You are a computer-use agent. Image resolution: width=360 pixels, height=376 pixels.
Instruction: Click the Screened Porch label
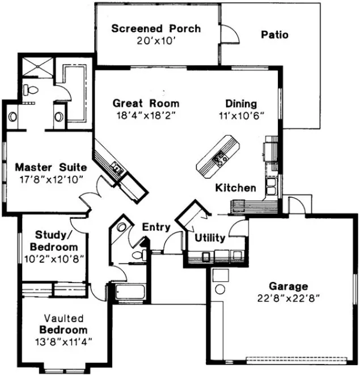[x=156, y=28]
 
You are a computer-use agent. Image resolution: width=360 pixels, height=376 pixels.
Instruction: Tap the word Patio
[x=274, y=35]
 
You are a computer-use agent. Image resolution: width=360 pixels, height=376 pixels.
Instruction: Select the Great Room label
[x=146, y=103]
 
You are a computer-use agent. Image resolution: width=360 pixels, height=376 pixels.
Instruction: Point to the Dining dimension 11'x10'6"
[x=241, y=115]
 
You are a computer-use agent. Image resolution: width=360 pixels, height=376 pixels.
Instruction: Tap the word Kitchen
[x=235, y=188]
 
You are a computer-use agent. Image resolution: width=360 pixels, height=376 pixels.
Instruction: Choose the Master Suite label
[x=50, y=167]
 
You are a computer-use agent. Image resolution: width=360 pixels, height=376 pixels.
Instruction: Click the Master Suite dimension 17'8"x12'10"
[x=50, y=179]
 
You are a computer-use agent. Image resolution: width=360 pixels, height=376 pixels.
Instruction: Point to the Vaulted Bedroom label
[x=63, y=324]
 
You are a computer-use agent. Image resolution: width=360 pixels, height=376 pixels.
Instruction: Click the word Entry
[x=156, y=227]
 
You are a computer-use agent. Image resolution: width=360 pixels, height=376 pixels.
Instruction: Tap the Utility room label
[x=210, y=238]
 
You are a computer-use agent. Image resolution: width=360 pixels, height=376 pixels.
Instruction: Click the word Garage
[x=289, y=287]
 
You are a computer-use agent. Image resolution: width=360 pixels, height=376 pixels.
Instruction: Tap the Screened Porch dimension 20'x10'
[x=156, y=40]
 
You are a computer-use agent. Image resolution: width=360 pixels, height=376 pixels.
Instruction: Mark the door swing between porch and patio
[x=228, y=35]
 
